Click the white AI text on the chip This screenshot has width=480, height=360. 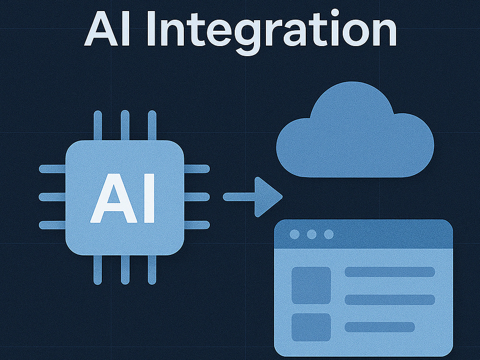pyautogui.click(x=122, y=198)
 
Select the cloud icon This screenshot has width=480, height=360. pyautogui.click(x=355, y=130)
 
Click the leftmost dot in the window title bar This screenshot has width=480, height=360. pyautogui.click(x=295, y=235)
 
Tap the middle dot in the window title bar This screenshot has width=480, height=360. pyautogui.click(x=312, y=235)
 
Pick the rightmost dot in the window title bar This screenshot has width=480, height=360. pyautogui.click(x=329, y=235)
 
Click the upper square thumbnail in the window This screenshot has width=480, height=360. pyautogui.click(x=311, y=285)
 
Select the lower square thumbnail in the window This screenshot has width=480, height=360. pyautogui.click(x=311, y=327)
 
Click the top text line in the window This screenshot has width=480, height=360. pyautogui.click(x=390, y=272)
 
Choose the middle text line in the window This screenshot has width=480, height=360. pyautogui.click(x=390, y=300)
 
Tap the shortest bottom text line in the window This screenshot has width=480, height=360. pyautogui.click(x=380, y=327)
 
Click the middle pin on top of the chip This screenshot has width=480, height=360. pyautogui.click(x=125, y=125)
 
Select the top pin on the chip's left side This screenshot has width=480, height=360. pyautogui.click(x=52, y=168)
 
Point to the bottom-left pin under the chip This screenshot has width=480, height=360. pyautogui.click(x=97, y=270)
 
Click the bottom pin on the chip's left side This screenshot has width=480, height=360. pyautogui.click(x=52, y=225)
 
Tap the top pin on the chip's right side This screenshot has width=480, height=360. pyautogui.click(x=197, y=168)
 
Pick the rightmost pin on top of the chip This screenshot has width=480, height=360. pyautogui.click(x=152, y=125)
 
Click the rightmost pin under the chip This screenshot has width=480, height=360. pyautogui.click(x=152, y=270)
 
